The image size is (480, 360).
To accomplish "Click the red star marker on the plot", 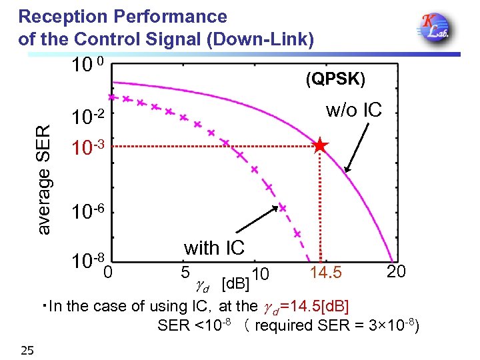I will coord(321,145).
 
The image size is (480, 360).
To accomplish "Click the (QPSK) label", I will coord(335,79).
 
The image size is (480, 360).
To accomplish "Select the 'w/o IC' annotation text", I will coord(353,111).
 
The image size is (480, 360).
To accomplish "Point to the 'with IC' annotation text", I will coord(215,248).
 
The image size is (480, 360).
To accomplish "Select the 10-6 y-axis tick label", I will coord(89,212).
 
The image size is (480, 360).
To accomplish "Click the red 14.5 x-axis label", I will coord(326,273).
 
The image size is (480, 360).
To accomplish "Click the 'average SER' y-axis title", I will coord(44,179).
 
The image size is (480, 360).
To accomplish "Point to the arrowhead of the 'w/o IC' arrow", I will coord(346,173).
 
